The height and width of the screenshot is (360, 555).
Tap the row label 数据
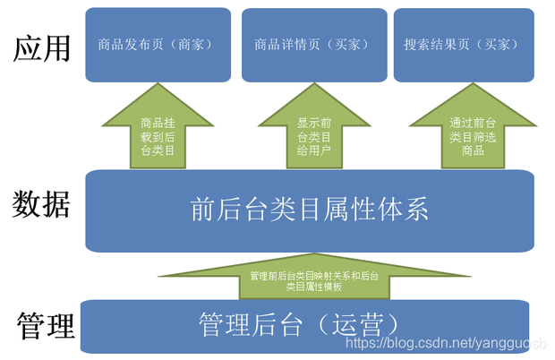[x=42, y=205]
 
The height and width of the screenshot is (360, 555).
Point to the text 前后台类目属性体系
[x=310, y=209]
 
